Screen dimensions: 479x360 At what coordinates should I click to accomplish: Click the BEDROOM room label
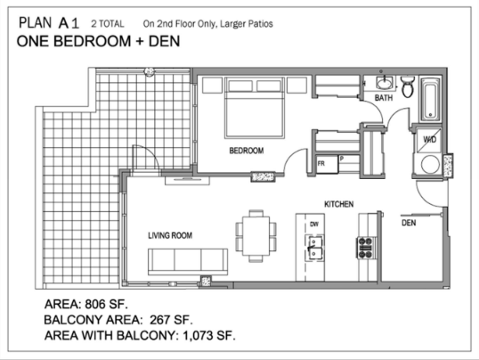pyautogui.click(x=247, y=151)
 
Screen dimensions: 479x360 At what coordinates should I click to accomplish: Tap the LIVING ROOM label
pyautogui.click(x=170, y=235)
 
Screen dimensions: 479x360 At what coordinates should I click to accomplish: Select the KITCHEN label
pyautogui.click(x=339, y=204)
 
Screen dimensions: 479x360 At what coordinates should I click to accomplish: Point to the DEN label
pyautogui.click(x=409, y=223)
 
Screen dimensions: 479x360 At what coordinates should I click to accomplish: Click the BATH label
pyautogui.click(x=384, y=98)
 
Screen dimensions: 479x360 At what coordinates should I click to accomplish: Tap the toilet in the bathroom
pyautogui.click(x=408, y=86)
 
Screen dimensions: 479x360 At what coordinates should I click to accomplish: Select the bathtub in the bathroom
pyautogui.click(x=430, y=99)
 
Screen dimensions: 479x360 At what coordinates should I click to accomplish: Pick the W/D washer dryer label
pyautogui.click(x=430, y=140)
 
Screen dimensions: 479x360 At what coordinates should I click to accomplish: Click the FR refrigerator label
pyautogui.click(x=321, y=164)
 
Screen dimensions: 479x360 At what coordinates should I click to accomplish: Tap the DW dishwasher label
pyautogui.click(x=314, y=225)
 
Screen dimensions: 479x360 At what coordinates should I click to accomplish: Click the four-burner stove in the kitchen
pyautogui.click(x=365, y=248)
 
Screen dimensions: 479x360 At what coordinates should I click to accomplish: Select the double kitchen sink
pyautogui.click(x=315, y=248)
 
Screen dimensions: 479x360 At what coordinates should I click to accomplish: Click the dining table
pyautogui.click(x=256, y=236)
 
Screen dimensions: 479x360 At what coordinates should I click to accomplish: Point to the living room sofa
pyautogui.click(x=188, y=261)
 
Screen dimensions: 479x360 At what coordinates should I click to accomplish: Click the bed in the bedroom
pyautogui.click(x=254, y=108)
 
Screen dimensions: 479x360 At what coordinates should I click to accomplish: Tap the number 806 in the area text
pyautogui.click(x=95, y=304)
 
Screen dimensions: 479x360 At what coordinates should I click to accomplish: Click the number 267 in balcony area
pyautogui.click(x=159, y=320)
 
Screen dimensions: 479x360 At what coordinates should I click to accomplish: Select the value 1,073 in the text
pyautogui.click(x=198, y=336)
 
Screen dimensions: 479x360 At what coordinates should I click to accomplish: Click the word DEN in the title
pyautogui.click(x=165, y=41)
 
